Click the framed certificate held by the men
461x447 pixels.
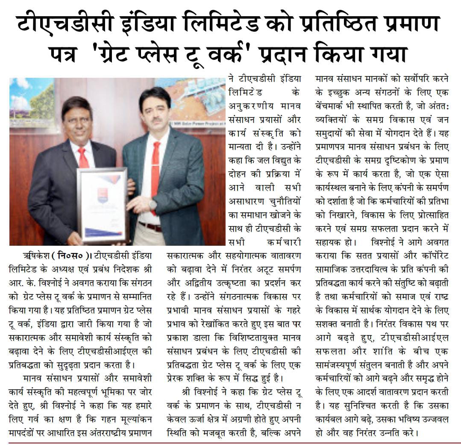point(103,204)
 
